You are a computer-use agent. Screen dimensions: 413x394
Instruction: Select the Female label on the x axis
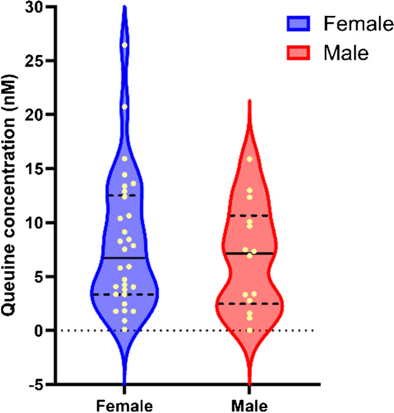(124, 404)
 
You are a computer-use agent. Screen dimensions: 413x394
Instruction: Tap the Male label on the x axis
(249, 404)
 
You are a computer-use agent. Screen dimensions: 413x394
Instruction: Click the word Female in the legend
(357, 24)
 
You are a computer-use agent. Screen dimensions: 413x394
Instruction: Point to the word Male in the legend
(346, 54)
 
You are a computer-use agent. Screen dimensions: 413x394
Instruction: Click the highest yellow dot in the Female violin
(124, 45)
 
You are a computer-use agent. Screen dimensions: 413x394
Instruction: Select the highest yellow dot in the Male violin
(249, 159)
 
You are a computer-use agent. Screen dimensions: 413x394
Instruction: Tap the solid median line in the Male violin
(249, 253)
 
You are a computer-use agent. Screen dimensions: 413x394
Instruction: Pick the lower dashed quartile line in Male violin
(249, 304)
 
